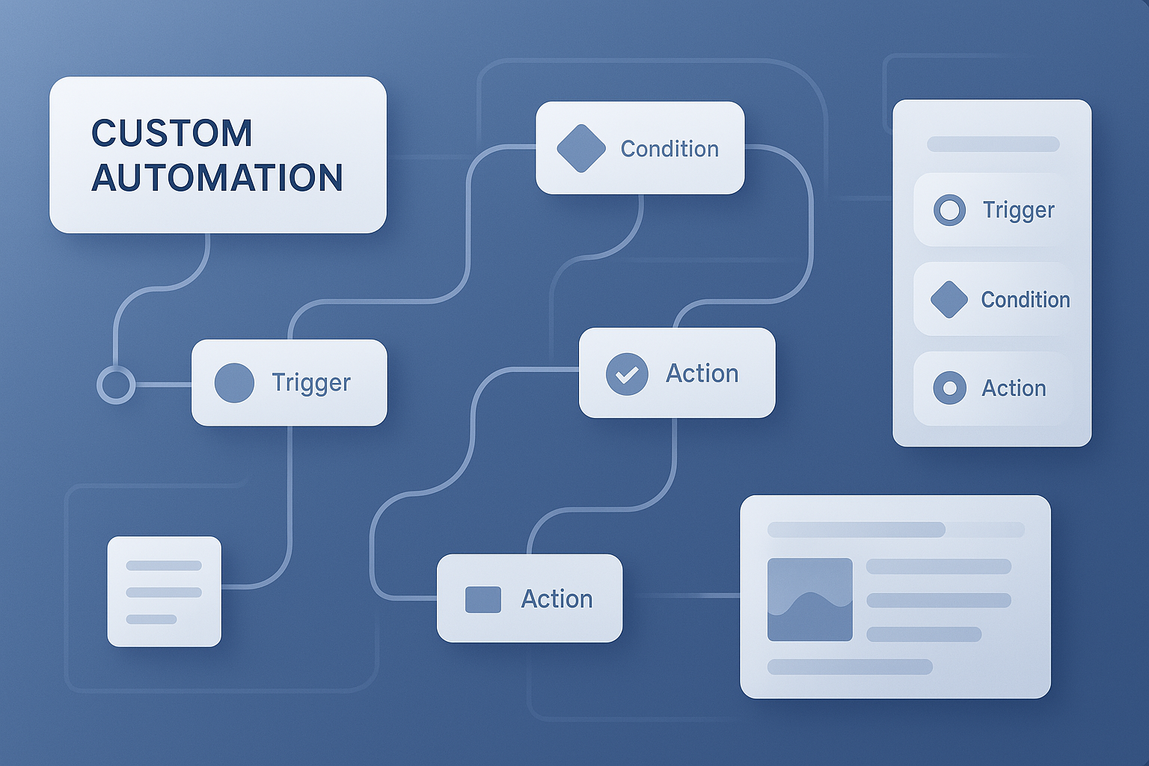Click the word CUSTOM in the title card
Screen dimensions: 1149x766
coord(172,133)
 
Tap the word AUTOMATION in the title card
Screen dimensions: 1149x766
coord(217,178)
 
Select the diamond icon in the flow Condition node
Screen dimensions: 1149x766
coord(581,148)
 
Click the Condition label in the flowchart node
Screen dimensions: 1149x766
coord(670,149)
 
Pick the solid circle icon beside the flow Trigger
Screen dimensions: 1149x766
coord(234,383)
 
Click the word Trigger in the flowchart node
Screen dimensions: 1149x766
coord(311,383)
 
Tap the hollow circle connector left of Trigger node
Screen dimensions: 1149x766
coord(116,384)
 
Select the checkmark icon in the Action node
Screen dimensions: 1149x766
coord(627,374)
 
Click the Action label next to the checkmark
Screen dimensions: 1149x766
coord(702,373)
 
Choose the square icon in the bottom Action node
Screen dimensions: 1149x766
coord(483,599)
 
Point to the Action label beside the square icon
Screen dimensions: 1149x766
coord(557,598)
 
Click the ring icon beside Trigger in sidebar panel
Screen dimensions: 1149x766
coord(949,210)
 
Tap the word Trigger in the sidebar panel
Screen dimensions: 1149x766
coord(1018,210)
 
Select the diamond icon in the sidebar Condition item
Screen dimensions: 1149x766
coord(949,300)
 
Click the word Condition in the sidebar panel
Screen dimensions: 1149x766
coord(1026,300)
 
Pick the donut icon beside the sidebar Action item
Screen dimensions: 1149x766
coord(949,388)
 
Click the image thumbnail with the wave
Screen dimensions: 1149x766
coord(810,599)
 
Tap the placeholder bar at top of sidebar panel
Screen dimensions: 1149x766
coord(993,144)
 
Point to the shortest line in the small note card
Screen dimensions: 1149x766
coord(151,619)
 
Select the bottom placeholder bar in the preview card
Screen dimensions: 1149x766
coord(850,667)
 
